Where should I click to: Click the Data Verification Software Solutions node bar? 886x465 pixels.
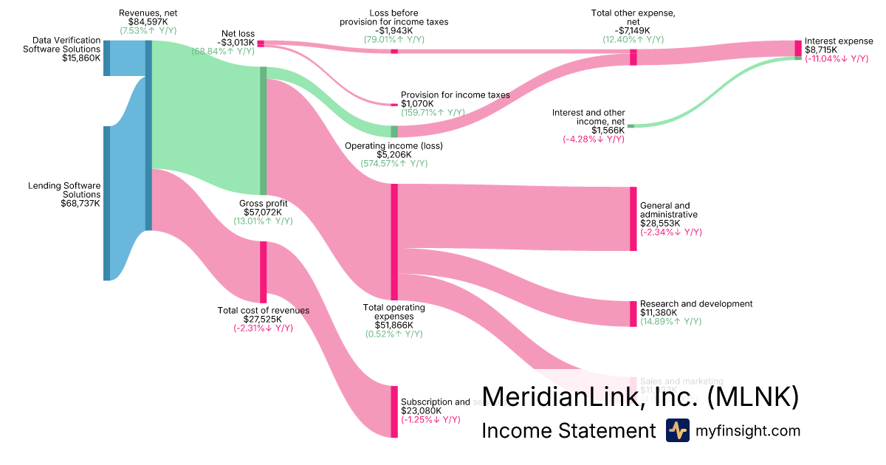[x=106, y=58]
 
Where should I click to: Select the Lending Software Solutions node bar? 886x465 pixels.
[x=106, y=203]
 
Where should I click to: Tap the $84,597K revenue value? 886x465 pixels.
[x=148, y=22]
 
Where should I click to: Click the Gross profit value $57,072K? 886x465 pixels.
[x=263, y=212]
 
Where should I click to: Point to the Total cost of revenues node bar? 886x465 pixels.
[x=263, y=272]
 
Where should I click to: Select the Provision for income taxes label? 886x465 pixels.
[x=455, y=95]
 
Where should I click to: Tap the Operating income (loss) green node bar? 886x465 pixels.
[x=394, y=131]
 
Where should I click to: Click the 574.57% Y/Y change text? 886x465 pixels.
[x=394, y=164]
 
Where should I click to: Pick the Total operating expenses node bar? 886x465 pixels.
[x=394, y=241]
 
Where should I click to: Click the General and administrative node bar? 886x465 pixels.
[x=633, y=219]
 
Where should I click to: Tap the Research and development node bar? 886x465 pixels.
[x=633, y=314]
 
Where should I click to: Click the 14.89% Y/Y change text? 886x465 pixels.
[x=671, y=322]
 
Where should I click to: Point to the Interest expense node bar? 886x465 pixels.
[x=797, y=48]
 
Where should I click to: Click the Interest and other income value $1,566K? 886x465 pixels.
[x=607, y=129]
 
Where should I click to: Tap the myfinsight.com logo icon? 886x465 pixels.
[x=677, y=430]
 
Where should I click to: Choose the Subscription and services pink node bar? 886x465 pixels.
[x=394, y=411]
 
